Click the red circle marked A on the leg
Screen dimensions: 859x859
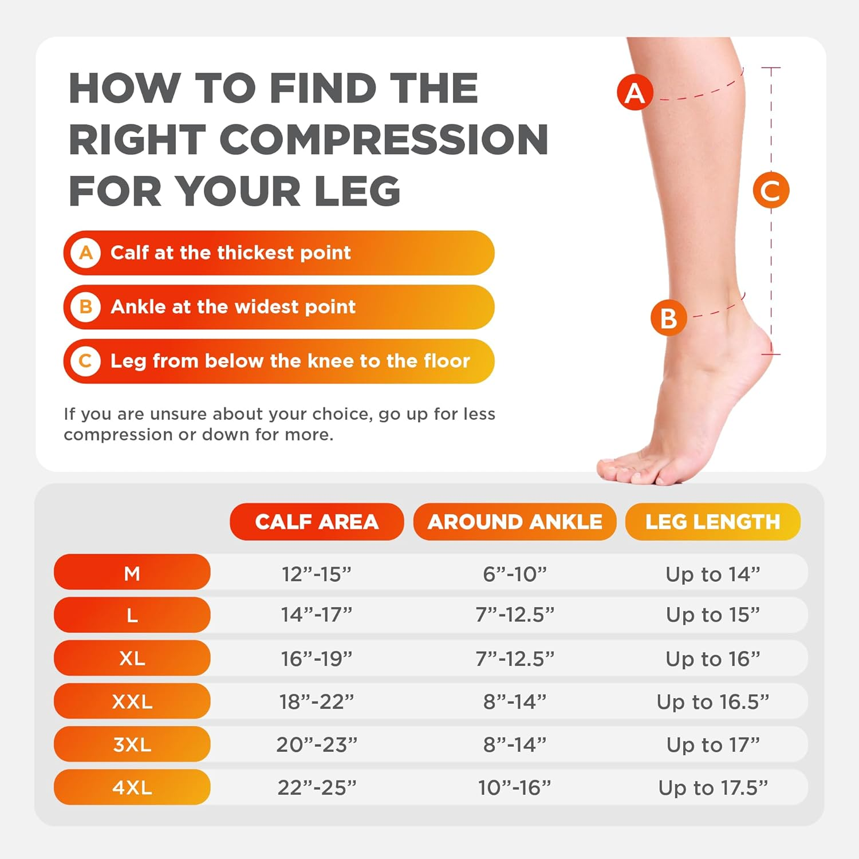[635, 92]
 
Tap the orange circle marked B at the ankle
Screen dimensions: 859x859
[668, 318]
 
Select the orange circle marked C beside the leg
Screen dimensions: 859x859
[771, 190]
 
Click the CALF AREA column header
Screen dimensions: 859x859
[317, 522]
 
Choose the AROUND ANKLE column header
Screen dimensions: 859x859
[515, 522]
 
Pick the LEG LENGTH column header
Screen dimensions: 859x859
[712, 522]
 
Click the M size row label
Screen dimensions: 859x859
[132, 572]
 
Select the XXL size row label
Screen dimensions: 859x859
[132, 701]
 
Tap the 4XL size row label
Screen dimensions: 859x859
[132, 787]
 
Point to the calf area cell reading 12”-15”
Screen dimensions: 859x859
[317, 573]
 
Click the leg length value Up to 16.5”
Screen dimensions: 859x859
[712, 702]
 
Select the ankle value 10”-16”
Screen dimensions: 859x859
[514, 787]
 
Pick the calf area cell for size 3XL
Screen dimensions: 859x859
[317, 744]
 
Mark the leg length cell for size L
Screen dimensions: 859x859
[712, 615]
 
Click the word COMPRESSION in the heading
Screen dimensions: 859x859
[384, 140]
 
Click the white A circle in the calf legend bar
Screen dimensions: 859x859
[86, 253]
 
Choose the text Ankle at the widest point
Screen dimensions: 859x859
[233, 307]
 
